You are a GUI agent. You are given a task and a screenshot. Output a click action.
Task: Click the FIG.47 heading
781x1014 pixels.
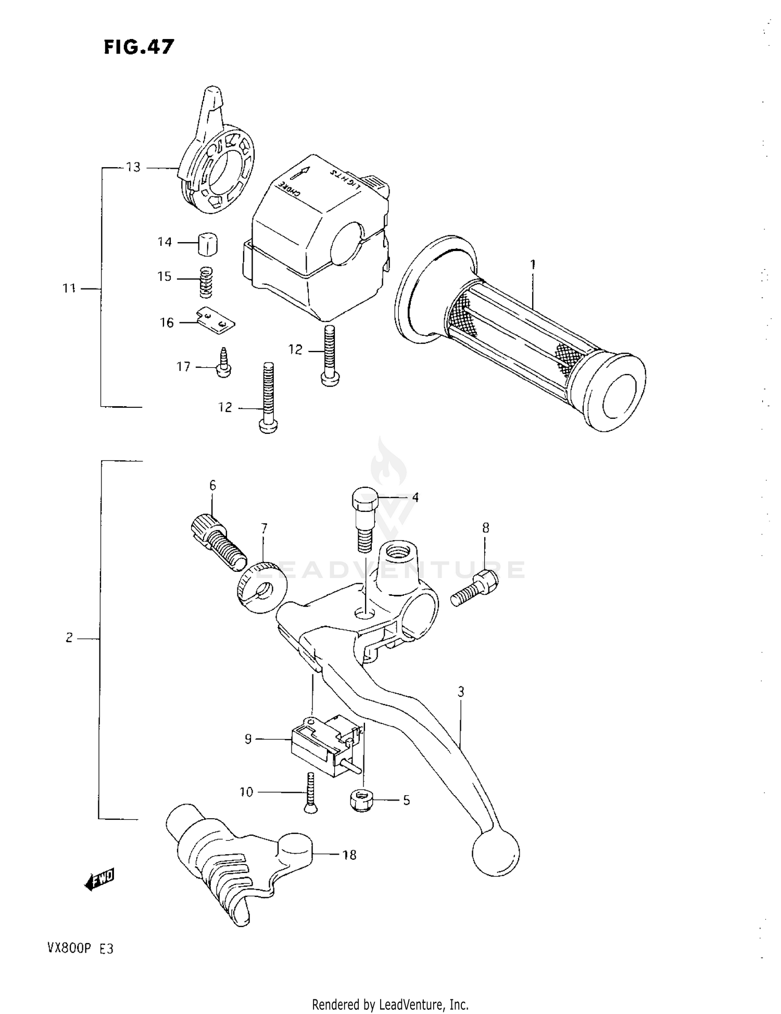tap(138, 47)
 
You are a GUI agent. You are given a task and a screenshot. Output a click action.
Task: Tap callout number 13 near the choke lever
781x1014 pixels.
tap(133, 167)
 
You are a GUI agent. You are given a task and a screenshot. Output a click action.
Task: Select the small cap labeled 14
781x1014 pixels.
tap(208, 244)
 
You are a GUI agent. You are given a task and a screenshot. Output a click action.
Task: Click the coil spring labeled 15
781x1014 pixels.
tap(207, 282)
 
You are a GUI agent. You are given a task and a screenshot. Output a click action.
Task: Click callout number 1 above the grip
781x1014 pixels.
tap(533, 265)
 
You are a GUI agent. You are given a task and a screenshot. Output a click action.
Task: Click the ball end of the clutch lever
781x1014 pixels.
tap(496, 853)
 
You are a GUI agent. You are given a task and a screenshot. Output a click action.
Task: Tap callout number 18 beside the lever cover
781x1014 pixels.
tap(349, 855)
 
